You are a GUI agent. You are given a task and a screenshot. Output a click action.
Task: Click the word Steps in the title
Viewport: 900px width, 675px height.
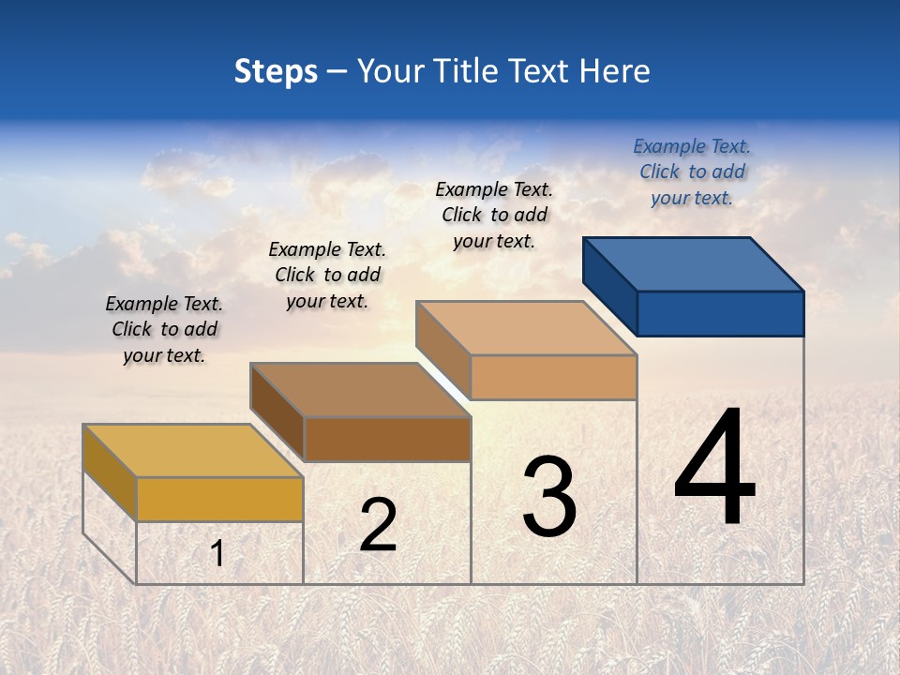(x=275, y=71)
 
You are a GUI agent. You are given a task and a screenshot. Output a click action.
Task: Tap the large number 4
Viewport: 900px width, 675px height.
(x=714, y=468)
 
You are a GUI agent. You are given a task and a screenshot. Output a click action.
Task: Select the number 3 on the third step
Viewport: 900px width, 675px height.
(x=549, y=497)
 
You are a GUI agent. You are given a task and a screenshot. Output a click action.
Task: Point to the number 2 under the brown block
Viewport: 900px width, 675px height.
(x=378, y=525)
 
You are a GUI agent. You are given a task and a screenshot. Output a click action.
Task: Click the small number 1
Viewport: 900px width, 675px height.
(x=217, y=553)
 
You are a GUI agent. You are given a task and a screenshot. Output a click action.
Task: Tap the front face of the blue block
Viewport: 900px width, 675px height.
(x=720, y=313)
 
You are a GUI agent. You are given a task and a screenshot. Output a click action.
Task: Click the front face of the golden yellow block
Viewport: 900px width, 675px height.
(x=219, y=499)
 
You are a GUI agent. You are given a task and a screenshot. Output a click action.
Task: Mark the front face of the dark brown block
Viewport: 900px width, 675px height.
(x=386, y=439)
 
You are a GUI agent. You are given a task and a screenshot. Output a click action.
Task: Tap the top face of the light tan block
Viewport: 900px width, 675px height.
(x=526, y=328)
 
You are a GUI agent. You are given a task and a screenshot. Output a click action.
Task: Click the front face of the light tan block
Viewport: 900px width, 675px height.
(x=553, y=377)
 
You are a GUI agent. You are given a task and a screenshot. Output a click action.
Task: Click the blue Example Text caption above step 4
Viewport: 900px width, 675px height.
(x=692, y=172)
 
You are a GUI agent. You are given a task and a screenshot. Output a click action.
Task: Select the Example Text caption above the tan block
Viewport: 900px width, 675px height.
(x=494, y=215)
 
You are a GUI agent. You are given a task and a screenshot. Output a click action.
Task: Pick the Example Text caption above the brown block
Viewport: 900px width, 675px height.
(x=327, y=275)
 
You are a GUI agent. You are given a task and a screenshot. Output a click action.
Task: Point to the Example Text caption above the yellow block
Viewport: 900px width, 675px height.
(x=164, y=329)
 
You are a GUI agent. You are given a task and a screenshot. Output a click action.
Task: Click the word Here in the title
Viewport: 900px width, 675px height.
(x=616, y=71)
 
